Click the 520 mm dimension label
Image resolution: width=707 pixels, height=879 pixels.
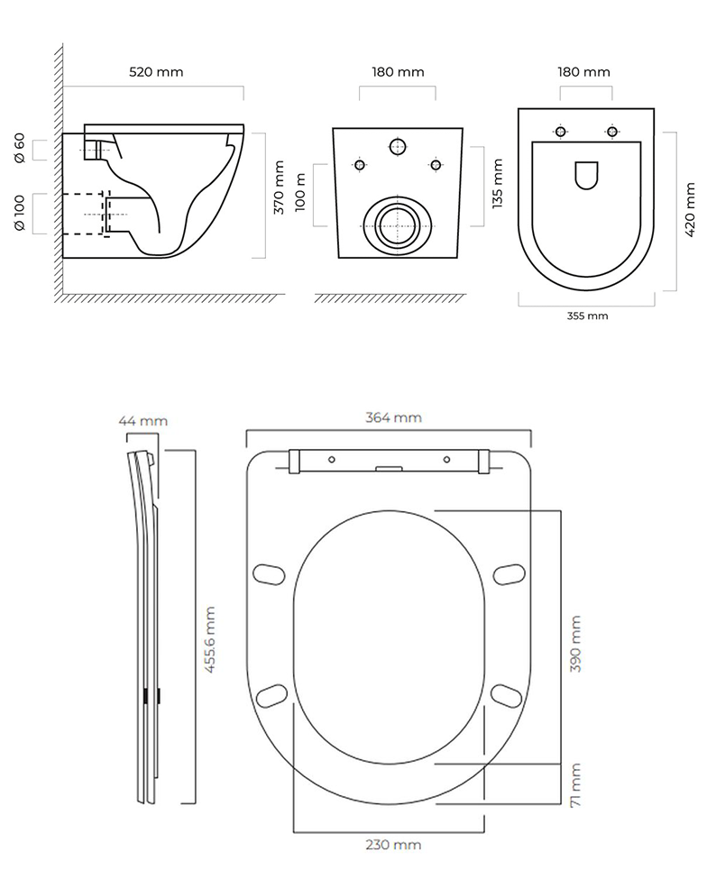coord(157,72)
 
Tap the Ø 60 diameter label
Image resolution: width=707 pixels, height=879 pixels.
coord(19,149)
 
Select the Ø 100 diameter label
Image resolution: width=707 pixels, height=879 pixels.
coord(19,214)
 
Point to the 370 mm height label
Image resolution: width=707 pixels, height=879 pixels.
coord(279,188)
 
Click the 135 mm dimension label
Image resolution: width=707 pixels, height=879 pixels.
coord(497,184)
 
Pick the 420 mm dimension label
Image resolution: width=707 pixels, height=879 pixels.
coord(690,210)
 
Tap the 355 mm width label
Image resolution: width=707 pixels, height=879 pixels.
coord(587,316)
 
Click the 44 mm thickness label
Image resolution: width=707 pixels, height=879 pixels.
coord(142,421)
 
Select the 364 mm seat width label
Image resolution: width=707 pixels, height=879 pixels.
coord(393,417)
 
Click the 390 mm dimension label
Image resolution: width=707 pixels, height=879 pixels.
coord(575,644)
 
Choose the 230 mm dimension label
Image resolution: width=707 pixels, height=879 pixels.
coord(393,845)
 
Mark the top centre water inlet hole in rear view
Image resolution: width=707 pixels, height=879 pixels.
coord(397,146)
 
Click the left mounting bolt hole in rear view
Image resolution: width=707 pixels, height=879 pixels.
coord(360,165)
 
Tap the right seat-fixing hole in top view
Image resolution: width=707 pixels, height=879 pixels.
coord(612,133)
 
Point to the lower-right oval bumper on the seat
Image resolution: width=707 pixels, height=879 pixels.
coord(508,694)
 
